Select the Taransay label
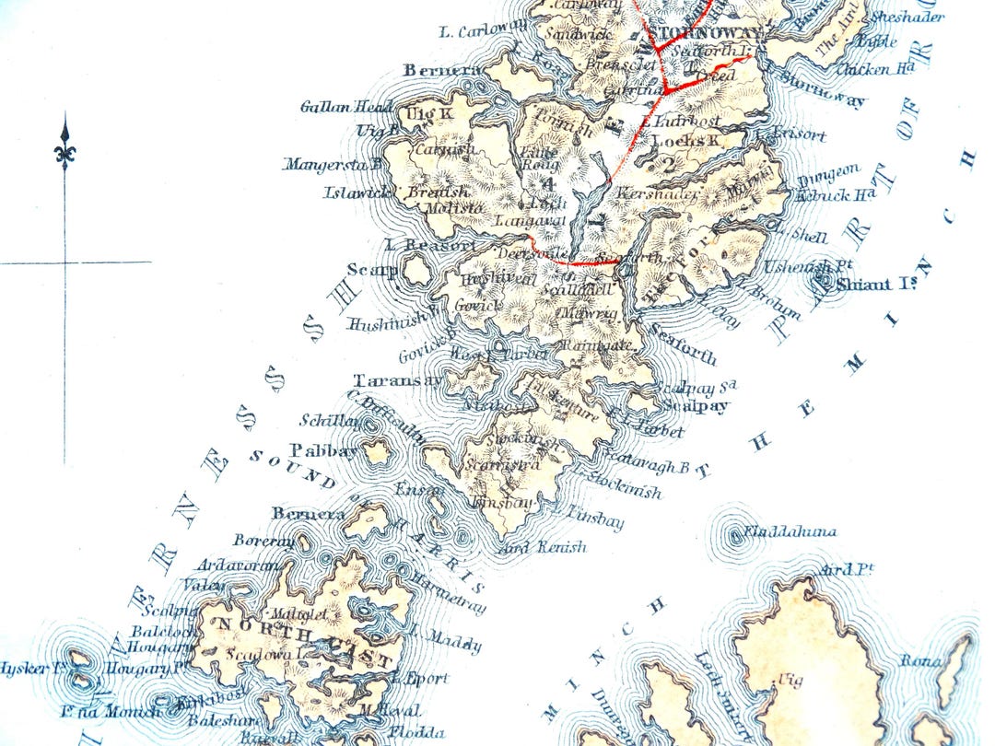click(x=386, y=379)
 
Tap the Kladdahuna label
click(x=790, y=531)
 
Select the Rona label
click(x=921, y=660)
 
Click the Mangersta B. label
click(x=332, y=165)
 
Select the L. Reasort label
click(x=430, y=246)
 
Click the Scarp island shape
click(x=416, y=270)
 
